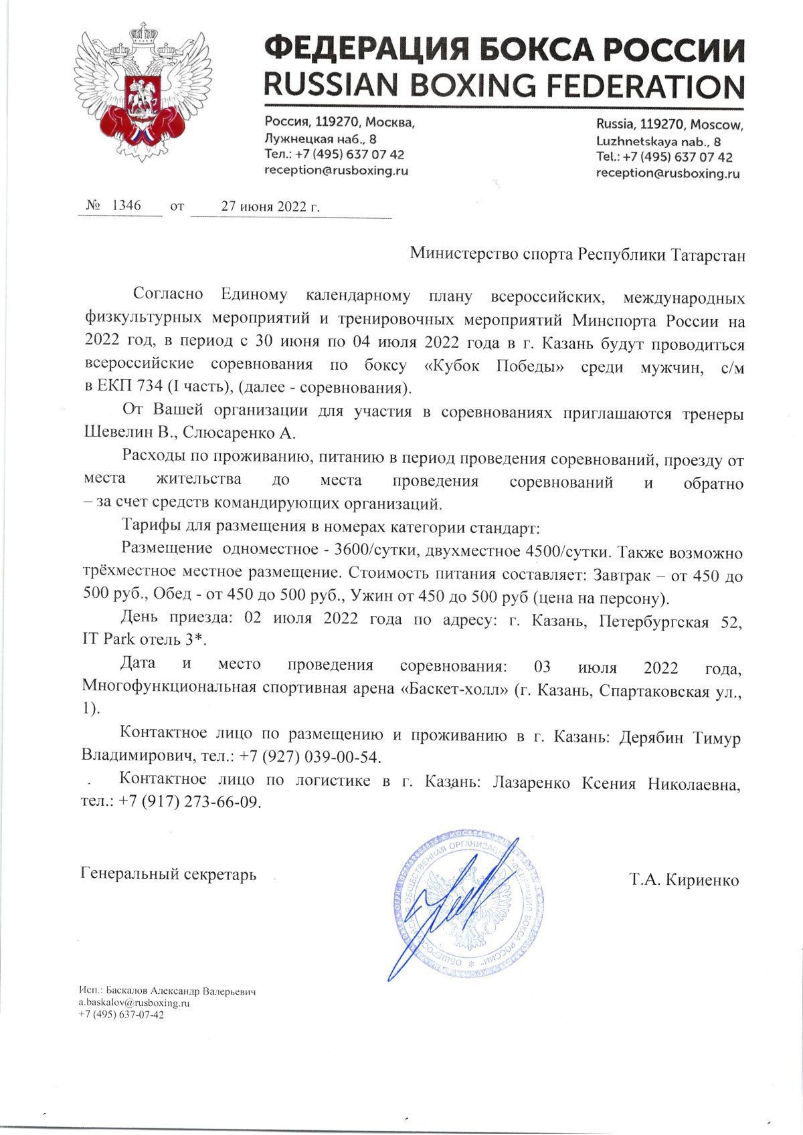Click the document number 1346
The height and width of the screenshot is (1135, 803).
pyautogui.click(x=125, y=206)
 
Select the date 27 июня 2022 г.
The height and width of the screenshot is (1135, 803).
pyautogui.click(x=270, y=207)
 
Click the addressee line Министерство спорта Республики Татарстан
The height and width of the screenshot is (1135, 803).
pyautogui.click(x=576, y=255)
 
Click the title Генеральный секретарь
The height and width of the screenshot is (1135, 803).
pyautogui.click(x=168, y=873)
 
